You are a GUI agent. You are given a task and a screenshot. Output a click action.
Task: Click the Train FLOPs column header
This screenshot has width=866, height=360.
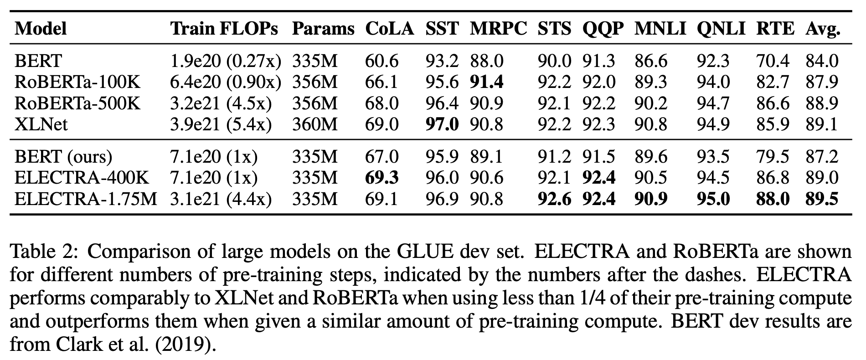224,29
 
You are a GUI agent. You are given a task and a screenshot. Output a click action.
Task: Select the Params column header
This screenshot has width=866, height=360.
323,29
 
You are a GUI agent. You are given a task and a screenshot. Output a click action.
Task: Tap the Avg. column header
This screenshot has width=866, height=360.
823,29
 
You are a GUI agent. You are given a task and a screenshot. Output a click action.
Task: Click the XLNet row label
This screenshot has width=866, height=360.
41,124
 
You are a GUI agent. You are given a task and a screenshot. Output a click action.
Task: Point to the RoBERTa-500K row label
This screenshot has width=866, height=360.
77,103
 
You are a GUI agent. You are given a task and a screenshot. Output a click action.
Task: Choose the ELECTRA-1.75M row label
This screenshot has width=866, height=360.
86,199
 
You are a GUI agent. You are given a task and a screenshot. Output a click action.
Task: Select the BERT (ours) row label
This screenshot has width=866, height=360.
63,157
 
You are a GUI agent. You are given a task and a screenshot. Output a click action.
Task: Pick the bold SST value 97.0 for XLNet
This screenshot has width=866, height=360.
442,124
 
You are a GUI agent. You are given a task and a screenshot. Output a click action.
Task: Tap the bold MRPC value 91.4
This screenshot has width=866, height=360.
487,82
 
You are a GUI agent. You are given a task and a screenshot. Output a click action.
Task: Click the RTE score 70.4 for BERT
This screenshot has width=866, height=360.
773,61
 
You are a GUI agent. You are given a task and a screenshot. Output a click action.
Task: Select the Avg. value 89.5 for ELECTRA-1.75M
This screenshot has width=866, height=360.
822,199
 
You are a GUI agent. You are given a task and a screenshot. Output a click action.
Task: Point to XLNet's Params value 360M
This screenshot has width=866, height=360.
315,124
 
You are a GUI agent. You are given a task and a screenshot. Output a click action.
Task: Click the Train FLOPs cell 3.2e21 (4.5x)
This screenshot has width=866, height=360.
221,103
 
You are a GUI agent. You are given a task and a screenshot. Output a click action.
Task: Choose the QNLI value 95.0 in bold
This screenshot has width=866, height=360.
713,199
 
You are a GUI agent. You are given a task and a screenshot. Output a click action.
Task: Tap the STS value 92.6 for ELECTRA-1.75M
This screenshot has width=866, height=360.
554,199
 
